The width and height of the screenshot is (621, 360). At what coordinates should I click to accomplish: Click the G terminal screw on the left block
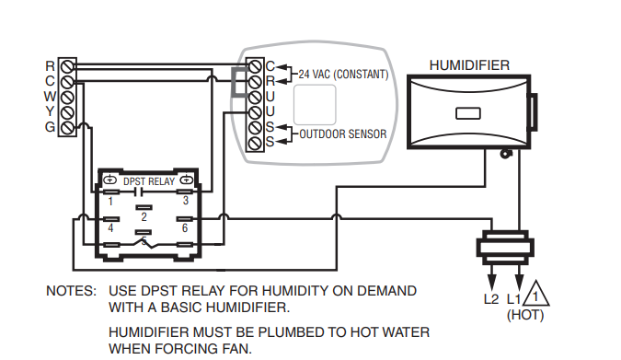click(67, 128)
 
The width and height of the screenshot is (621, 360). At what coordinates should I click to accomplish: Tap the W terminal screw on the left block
click(67, 98)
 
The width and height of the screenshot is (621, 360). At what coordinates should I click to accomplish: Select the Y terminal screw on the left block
click(67, 112)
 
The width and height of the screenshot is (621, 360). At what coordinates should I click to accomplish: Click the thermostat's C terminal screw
click(255, 66)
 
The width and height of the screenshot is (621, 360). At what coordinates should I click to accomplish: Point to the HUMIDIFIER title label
click(469, 65)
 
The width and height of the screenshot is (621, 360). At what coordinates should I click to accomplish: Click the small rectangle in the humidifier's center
click(468, 113)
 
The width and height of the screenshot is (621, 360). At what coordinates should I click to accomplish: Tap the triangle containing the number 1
click(535, 294)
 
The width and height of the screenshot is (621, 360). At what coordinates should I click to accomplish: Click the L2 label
click(491, 298)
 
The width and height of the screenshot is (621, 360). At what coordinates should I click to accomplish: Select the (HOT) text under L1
click(525, 315)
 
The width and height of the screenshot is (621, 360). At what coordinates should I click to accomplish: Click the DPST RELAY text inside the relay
click(149, 181)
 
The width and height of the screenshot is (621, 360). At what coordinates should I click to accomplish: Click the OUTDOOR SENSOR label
click(343, 134)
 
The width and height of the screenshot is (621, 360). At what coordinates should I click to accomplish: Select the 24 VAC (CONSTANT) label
click(343, 75)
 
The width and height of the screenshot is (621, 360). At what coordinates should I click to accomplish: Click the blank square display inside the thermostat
click(315, 105)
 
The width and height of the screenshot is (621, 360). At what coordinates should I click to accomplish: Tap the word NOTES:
click(71, 291)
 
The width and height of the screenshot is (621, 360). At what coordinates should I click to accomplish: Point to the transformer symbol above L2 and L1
click(505, 248)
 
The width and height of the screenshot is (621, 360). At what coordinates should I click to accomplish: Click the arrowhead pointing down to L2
click(491, 282)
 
